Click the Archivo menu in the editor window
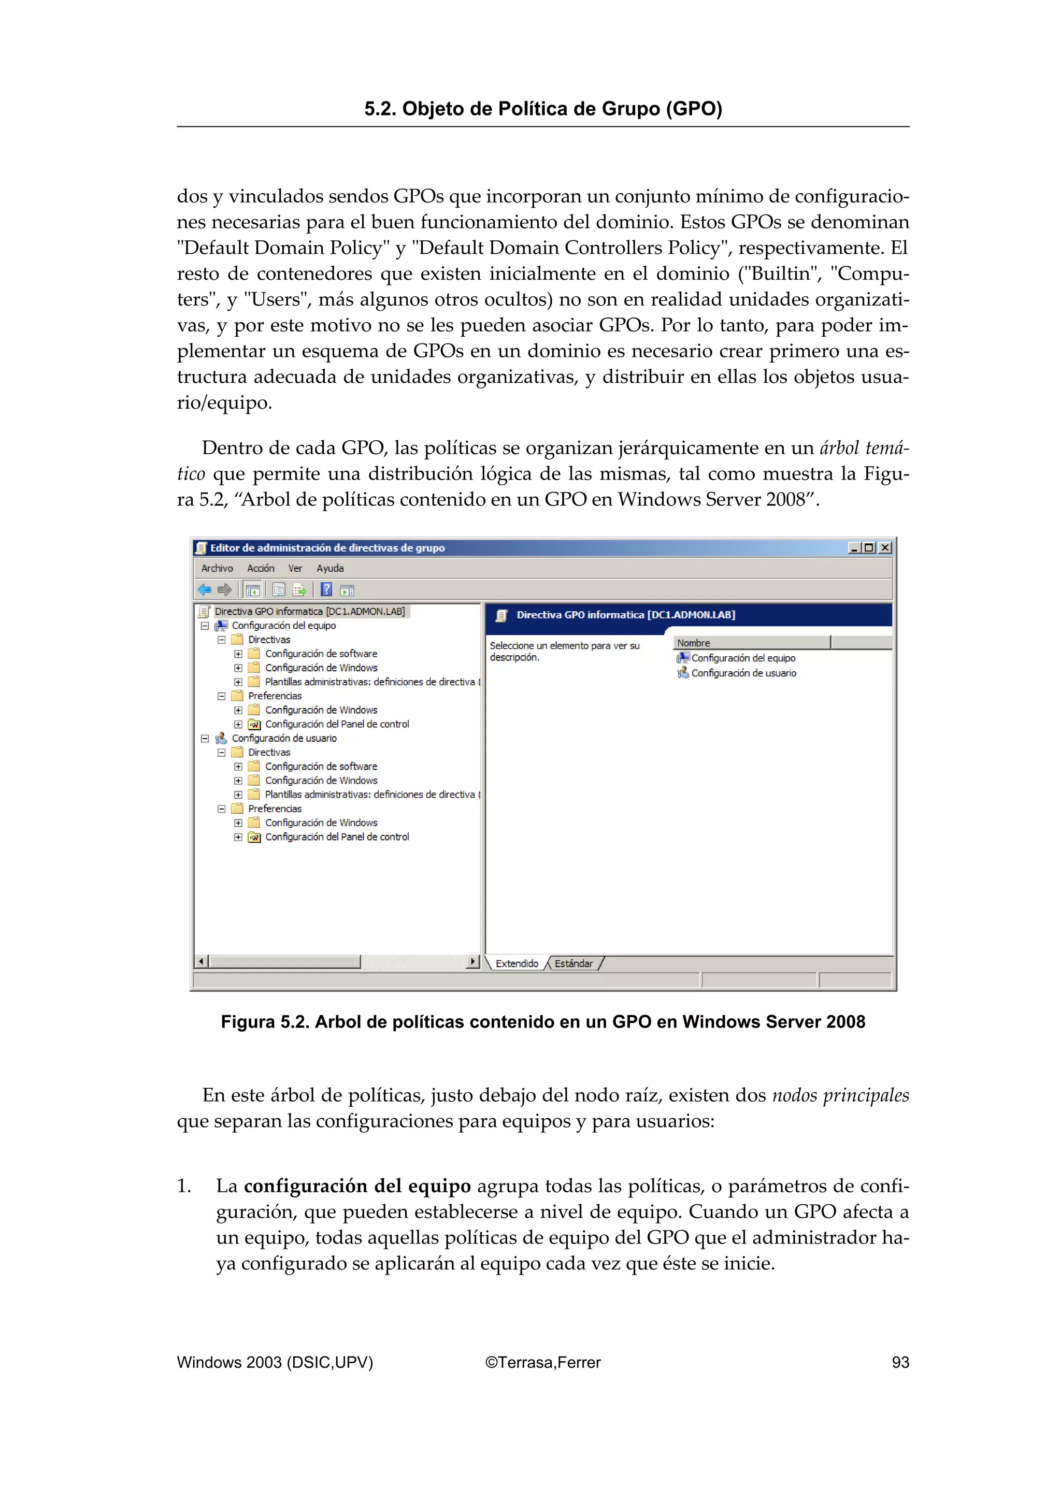(x=217, y=568)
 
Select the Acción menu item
(x=260, y=568)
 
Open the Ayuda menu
(x=329, y=568)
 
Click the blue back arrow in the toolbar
(x=205, y=589)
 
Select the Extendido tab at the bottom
(x=517, y=963)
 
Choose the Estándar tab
(x=573, y=963)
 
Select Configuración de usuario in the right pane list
(x=743, y=673)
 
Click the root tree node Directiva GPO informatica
(x=309, y=611)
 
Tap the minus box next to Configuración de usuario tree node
(x=205, y=738)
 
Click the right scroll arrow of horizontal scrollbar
(x=472, y=961)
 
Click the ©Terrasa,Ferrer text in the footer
(x=542, y=1362)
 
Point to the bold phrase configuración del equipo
(x=357, y=1186)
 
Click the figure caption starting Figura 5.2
(x=542, y=1022)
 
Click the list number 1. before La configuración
(x=184, y=1187)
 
